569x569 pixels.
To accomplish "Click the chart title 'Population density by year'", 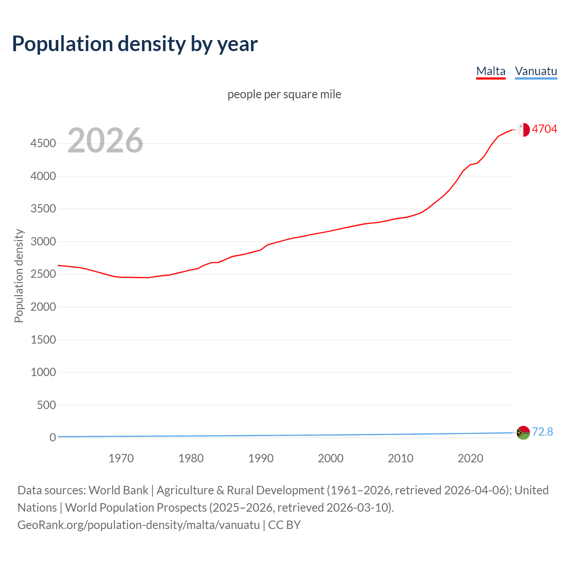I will tap(135, 44).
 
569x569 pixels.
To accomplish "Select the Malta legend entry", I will tap(490, 71).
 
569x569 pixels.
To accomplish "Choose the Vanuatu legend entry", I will tap(536, 71).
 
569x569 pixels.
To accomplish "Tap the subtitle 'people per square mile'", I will tap(284, 94).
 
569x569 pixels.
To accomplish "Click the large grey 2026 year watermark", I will tap(105, 140).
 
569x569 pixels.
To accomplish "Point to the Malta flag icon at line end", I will tap(523, 129).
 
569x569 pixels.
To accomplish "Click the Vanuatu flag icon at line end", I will tap(523, 433).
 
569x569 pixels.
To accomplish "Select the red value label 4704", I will tap(544, 129).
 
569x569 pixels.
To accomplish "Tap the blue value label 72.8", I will tap(542, 432).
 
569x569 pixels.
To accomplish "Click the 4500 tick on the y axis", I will tap(43, 143).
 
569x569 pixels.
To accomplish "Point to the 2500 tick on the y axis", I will tap(43, 274).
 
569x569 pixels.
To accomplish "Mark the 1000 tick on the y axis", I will tap(43, 372).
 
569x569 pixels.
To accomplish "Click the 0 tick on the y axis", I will tap(53, 437).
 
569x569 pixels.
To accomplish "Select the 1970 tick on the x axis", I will tap(121, 458).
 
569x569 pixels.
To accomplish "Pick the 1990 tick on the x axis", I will tap(261, 458).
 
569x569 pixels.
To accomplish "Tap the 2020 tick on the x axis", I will tap(470, 458).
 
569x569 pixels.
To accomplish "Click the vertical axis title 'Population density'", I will tap(19, 276).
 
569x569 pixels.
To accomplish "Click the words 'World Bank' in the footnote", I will tap(118, 490).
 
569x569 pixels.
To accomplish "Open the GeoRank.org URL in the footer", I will tap(138, 525).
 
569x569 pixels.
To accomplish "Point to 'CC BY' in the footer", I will tap(284, 525).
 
